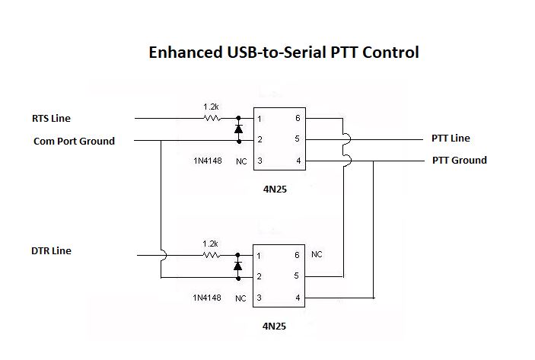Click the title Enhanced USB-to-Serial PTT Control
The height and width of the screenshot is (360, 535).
tap(283, 53)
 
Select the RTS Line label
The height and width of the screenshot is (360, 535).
tap(51, 118)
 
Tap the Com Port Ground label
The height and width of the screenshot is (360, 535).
tap(74, 141)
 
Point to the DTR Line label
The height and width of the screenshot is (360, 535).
tap(52, 250)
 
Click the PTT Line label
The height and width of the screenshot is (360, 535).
tap(451, 138)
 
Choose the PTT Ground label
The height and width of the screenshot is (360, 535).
tap(459, 160)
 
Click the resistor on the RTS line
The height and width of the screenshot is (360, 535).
tap(211, 118)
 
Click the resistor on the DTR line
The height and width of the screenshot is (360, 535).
tap(211, 255)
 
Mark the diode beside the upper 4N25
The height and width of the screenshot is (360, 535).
tap(238, 129)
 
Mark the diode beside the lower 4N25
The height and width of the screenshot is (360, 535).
tap(238, 266)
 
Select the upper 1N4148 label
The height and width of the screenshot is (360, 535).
tap(207, 161)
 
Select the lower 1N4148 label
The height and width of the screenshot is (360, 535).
tap(207, 298)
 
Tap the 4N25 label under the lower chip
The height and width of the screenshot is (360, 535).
tap(278, 326)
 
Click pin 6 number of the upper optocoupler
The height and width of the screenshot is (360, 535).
tap(298, 119)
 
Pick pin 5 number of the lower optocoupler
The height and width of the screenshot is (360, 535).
tap(298, 276)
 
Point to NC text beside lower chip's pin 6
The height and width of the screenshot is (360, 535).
tap(317, 254)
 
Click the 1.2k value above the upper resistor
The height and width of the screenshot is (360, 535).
tap(211, 107)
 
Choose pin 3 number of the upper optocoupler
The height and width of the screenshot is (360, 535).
tap(260, 161)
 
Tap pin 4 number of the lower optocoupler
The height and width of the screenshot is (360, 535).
tap(298, 298)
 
